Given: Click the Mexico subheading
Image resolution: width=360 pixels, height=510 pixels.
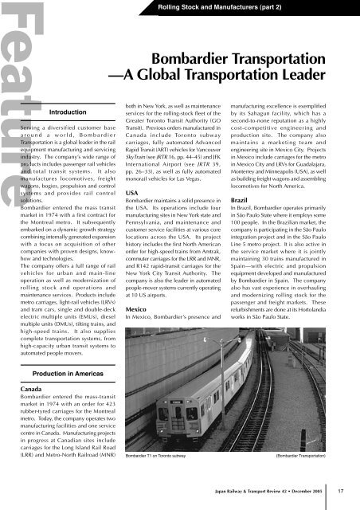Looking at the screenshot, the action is coord(138,307).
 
